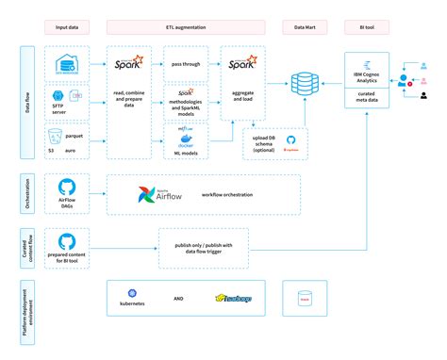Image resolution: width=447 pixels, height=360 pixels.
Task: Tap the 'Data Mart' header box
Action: coord(306,29)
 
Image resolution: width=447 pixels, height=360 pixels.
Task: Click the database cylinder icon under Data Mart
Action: coord(305,84)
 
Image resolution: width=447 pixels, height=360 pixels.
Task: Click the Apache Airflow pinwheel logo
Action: coord(143,196)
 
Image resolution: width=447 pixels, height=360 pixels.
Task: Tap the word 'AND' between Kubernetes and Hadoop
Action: coord(190,299)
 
